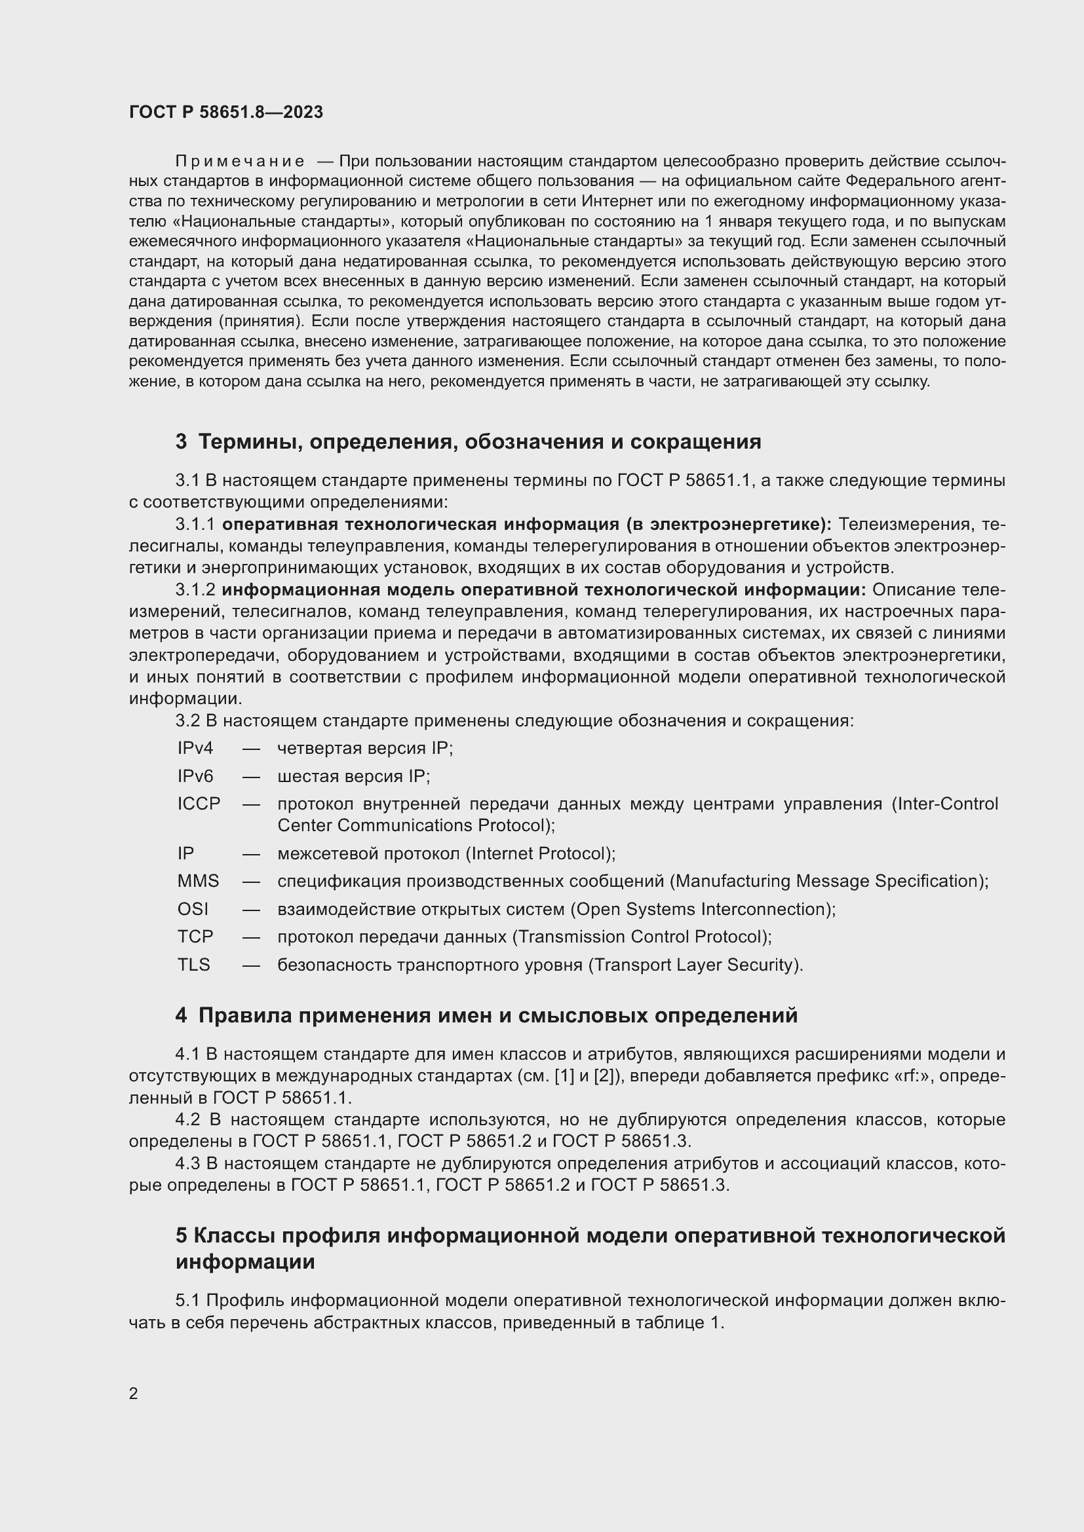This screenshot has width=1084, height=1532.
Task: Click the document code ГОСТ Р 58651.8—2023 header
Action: coord(225,112)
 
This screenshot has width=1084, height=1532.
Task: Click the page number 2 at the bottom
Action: coord(134,1393)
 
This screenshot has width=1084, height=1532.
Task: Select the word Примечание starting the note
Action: coord(240,162)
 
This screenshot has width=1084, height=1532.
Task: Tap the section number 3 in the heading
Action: coord(181,441)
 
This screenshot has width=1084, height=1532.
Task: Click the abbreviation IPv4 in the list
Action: coord(195,748)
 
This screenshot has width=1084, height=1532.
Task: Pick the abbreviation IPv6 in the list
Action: coord(195,776)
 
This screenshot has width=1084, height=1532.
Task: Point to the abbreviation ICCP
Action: coord(198,804)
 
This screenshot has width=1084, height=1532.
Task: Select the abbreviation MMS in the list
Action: coord(197,881)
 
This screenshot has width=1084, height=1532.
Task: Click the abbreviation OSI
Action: coord(192,909)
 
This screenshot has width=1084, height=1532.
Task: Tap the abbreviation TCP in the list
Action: coord(195,936)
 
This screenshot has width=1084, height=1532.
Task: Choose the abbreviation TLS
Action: coord(193,964)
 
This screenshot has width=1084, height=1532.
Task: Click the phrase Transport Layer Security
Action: coord(693,965)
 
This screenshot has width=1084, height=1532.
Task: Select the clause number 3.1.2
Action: coord(195,590)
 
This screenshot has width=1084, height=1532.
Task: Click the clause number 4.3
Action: coord(187,1164)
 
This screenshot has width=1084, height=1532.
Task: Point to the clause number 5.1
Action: coord(187,1301)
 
